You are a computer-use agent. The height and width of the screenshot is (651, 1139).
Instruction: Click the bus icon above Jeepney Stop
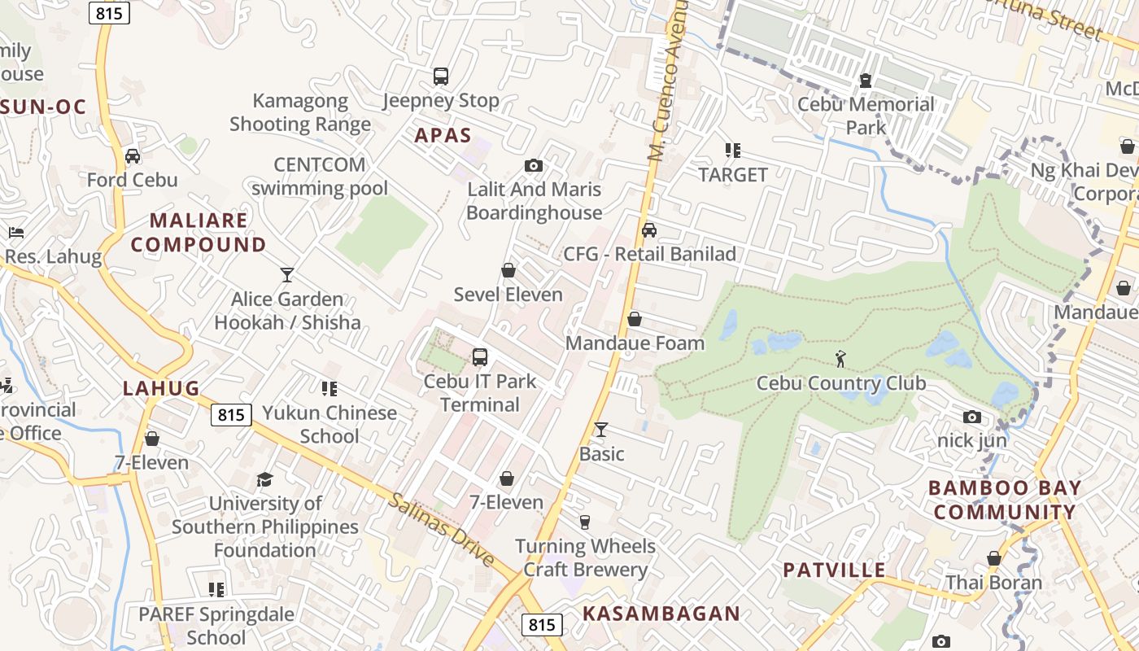point(441,76)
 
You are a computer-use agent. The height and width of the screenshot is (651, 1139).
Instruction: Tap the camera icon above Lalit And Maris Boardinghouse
point(534,166)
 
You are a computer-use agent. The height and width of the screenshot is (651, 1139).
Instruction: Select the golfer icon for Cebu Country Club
point(840,358)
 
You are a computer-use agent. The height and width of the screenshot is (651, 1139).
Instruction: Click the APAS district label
point(443,135)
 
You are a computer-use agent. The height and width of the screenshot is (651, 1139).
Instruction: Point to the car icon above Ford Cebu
point(133,155)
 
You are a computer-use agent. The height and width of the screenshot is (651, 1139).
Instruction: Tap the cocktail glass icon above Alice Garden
point(286,275)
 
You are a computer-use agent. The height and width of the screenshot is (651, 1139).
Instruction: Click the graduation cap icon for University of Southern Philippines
point(264,479)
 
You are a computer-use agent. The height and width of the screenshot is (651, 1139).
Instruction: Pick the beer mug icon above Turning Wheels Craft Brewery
point(584,522)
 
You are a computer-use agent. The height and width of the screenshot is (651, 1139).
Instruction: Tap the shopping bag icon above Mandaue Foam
point(635,319)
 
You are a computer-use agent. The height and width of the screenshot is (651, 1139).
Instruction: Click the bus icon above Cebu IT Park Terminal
point(480,356)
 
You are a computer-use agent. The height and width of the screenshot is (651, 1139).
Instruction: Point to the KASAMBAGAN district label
point(661,614)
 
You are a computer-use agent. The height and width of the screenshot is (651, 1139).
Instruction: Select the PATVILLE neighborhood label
point(834,570)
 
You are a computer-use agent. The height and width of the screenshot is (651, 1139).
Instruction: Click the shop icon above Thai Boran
point(993,558)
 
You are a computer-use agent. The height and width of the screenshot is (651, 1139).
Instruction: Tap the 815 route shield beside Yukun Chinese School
point(231,415)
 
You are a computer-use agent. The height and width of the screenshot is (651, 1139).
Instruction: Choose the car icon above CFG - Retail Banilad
point(648,229)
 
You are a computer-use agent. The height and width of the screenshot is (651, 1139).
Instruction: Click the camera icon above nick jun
point(971,417)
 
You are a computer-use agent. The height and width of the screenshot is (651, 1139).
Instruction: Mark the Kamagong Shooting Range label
point(299,112)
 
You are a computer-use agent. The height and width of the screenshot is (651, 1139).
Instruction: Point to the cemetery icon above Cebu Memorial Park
point(865,81)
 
